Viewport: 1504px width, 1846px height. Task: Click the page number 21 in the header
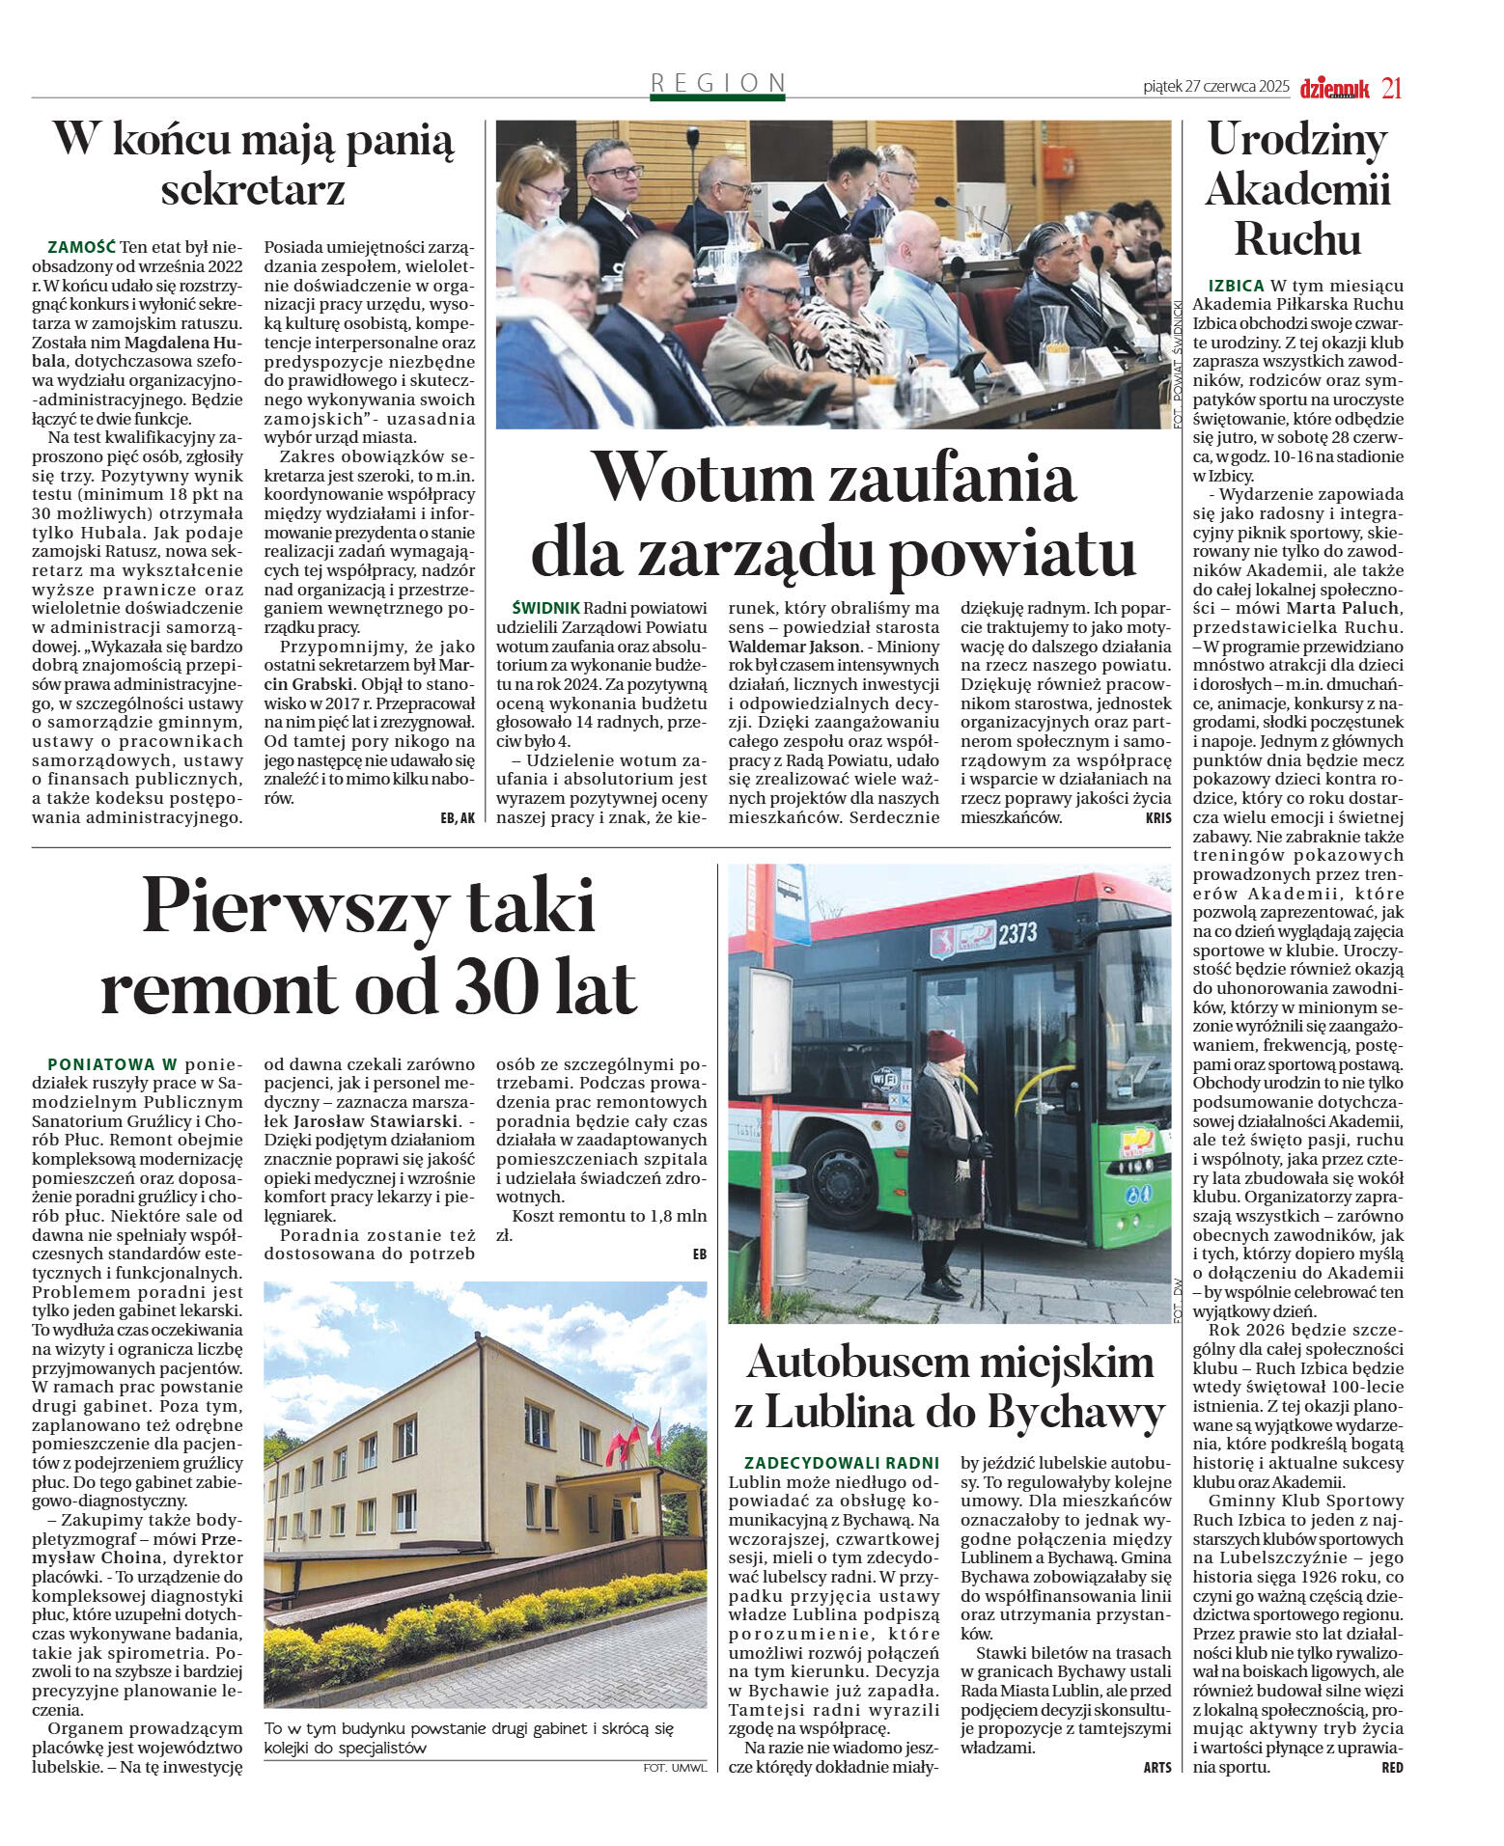[x=1391, y=88]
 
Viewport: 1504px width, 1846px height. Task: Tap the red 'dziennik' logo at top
[x=1334, y=89]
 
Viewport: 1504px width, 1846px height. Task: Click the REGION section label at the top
[x=718, y=83]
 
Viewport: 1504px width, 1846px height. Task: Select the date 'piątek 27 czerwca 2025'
[x=1215, y=87]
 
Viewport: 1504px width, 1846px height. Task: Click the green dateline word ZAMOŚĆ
[x=81, y=247]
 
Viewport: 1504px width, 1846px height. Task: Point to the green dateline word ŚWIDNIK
[x=546, y=608]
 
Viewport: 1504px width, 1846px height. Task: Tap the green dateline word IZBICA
[x=1236, y=286]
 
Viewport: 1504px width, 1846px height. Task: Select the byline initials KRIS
[x=1157, y=817]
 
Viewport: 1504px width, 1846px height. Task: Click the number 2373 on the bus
[x=1017, y=932]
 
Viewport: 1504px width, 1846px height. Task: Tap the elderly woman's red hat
[x=945, y=1046]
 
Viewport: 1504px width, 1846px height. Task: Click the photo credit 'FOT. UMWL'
[x=675, y=1767]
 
